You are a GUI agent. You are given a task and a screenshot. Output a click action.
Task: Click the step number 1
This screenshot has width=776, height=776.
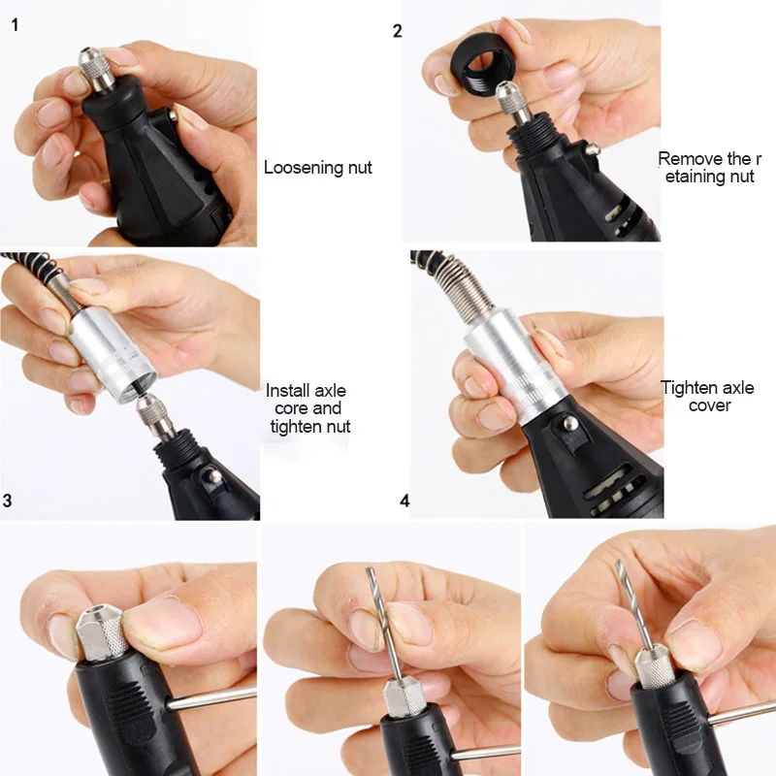pos(15,25)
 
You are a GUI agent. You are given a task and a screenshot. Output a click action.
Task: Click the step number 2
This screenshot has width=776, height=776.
pos(398,30)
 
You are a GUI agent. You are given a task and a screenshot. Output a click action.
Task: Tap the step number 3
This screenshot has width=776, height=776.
pos(9,501)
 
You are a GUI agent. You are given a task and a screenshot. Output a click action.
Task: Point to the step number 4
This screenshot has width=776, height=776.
pos(404,501)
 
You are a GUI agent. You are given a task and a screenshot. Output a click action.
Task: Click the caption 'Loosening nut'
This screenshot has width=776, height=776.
pos(317,168)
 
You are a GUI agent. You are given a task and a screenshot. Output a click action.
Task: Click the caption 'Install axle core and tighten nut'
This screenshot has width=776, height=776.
pos(309,408)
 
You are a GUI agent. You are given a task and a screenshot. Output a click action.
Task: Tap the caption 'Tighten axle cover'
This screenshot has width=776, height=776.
pos(708,396)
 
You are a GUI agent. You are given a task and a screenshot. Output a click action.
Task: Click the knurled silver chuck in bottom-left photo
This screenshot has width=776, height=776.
pos(101,630)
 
